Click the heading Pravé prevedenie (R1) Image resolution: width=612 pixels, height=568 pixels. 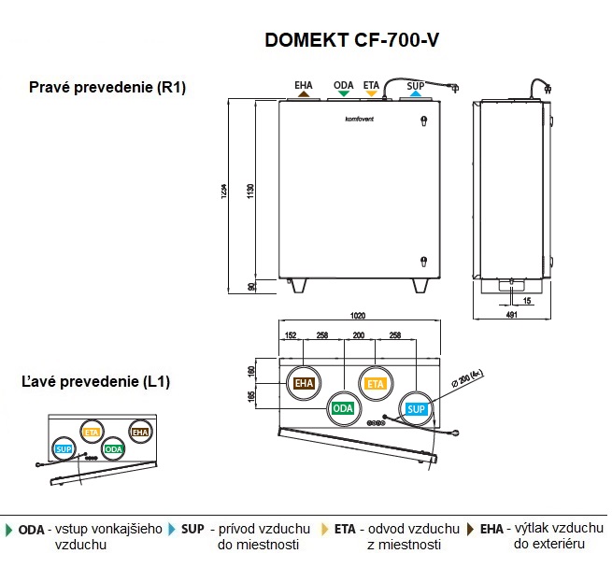point(108,87)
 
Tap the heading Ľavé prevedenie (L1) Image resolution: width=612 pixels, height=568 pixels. point(96,382)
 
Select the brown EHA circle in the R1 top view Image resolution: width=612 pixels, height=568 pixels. point(305,383)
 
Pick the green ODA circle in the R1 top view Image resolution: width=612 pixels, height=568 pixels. point(343,408)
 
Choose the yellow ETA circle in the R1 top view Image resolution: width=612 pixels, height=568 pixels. point(376,383)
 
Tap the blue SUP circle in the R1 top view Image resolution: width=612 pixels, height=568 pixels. point(416,408)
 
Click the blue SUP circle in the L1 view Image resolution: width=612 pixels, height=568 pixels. point(64,449)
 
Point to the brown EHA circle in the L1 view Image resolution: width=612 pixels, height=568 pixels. point(140,432)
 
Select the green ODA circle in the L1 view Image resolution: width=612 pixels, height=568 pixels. point(114,449)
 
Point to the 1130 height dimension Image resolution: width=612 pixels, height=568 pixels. point(250,190)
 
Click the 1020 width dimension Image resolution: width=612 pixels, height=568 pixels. point(358,316)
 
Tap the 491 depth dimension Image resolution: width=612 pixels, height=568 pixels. point(511,316)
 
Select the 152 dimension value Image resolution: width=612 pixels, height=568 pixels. point(291,334)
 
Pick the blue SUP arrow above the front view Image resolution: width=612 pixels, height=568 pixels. point(416,93)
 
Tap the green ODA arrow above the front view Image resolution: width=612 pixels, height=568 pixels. point(343,93)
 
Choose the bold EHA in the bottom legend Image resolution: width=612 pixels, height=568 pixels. point(493,529)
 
